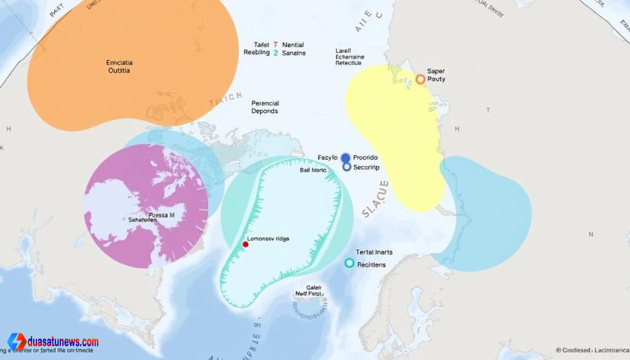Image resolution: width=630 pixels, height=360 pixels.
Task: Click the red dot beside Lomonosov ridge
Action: [x=245, y=244]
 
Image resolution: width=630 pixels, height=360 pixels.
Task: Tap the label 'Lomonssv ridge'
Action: [x=268, y=238]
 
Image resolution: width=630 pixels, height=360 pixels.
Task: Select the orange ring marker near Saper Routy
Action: [x=420, y=79]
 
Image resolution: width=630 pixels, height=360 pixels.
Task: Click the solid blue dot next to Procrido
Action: [x=345, y=158]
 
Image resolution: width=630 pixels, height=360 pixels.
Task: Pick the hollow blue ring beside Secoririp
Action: [x=346, y=167]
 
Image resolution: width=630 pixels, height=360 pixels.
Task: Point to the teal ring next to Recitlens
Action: [x=349, y=263]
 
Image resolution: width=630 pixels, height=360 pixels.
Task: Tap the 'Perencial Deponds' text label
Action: [x=265, y=107]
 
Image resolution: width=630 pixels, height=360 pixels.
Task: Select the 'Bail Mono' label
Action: [x=313, y=170]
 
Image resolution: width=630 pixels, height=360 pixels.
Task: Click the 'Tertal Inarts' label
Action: [x=374, y=252]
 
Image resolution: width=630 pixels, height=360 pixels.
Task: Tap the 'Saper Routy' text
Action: [x=436, y=75]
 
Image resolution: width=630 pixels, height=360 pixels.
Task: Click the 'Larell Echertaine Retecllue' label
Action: [x=349, y=57]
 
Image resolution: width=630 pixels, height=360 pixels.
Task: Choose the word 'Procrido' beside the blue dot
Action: [x=365, y=158]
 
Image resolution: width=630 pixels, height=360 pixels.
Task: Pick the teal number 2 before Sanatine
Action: [x=276, y=54]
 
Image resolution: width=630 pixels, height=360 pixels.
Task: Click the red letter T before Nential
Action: [x=276, y=45]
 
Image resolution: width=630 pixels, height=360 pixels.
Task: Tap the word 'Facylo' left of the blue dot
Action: [x=327, y=158]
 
